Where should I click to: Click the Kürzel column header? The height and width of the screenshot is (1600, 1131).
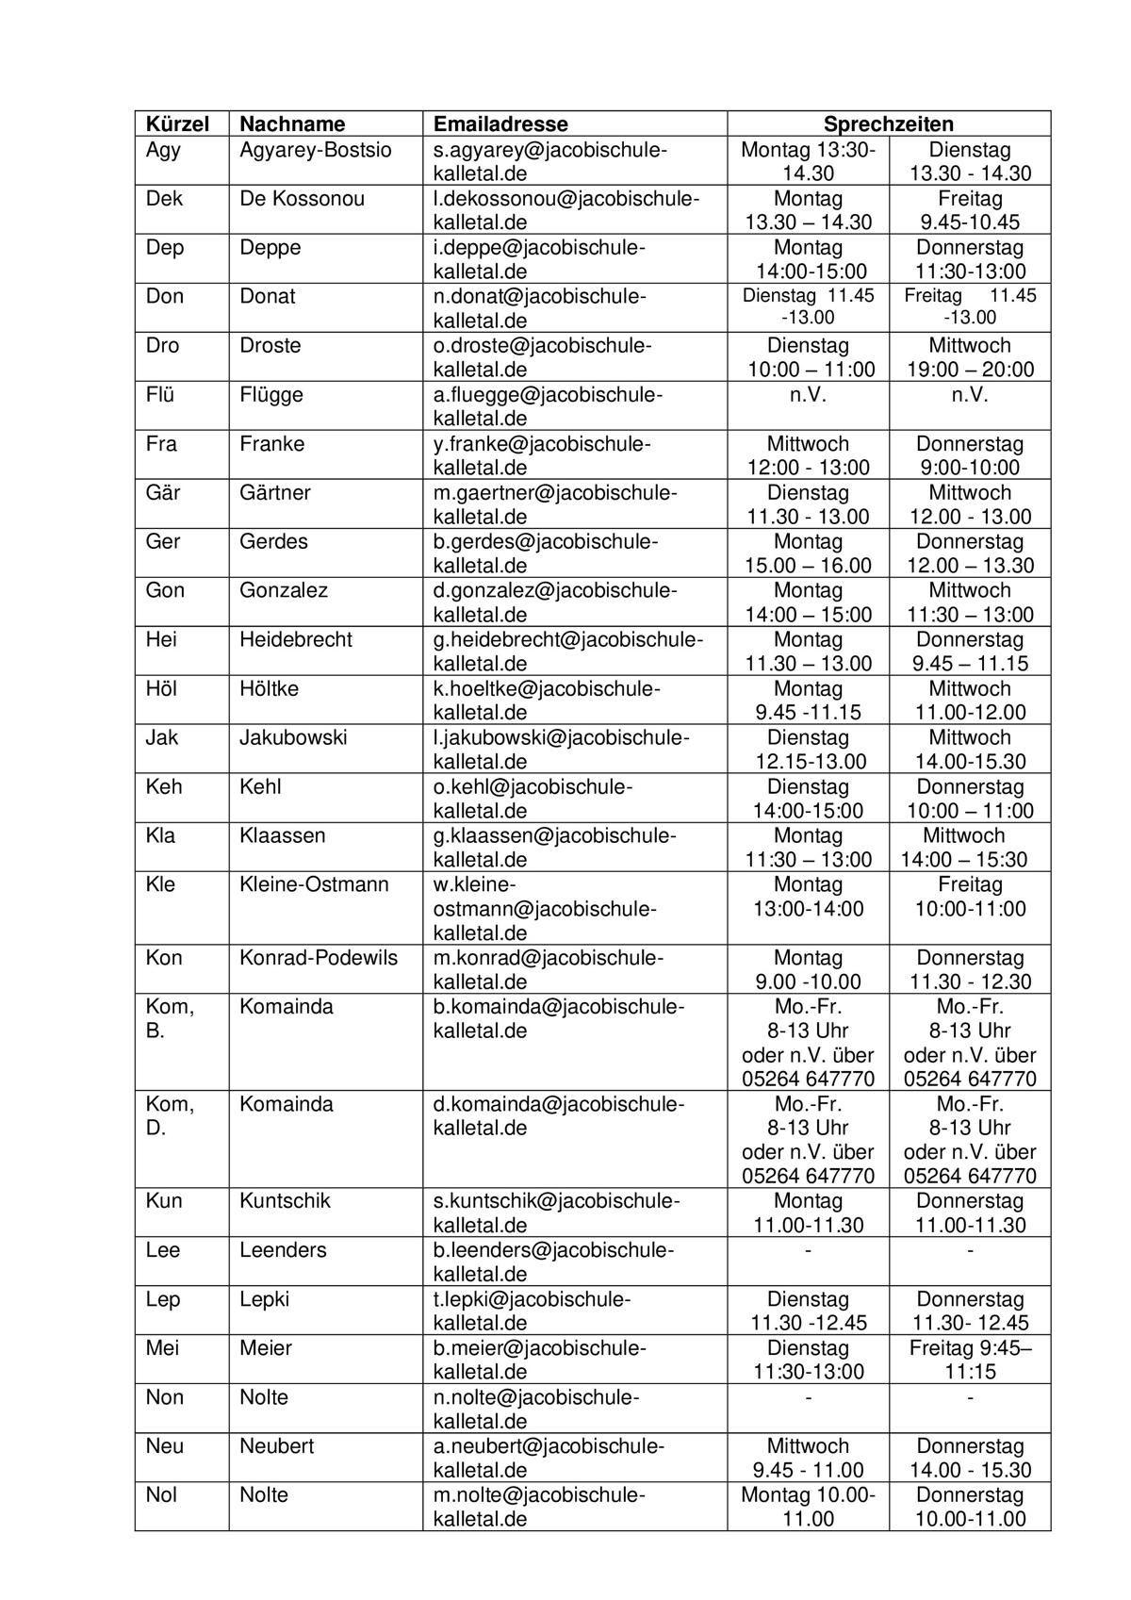pos(175,124)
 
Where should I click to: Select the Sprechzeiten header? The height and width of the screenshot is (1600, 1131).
pos(888,124)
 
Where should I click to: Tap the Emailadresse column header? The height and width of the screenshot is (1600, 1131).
pos(500,124)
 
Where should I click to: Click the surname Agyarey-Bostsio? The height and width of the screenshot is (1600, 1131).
pos(315,150)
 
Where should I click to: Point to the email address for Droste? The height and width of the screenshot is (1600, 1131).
pos(541,357)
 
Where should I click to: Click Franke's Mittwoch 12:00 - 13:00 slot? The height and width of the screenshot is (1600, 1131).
pos(808,455)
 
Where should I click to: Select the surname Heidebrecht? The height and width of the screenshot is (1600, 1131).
pos(295,639)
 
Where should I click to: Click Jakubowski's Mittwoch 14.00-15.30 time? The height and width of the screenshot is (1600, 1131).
pos(970,750)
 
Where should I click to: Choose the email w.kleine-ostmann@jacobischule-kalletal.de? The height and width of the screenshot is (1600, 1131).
pos(544,909)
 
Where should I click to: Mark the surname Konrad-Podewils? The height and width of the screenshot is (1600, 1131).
pos(318,958)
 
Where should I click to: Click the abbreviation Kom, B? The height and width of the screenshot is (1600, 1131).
pos(170,1018)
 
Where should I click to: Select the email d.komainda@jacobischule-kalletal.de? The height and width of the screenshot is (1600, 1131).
pos(558,1115)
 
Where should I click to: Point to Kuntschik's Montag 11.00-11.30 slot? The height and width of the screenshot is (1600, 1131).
pos(808,1212)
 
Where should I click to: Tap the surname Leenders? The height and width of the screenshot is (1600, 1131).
pos(283,1250)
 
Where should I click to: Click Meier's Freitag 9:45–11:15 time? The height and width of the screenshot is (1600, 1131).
pos(970,1360)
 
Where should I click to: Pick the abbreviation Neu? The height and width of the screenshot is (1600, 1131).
pos(165,1445)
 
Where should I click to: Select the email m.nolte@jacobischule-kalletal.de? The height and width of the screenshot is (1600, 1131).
pos(538,1507)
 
